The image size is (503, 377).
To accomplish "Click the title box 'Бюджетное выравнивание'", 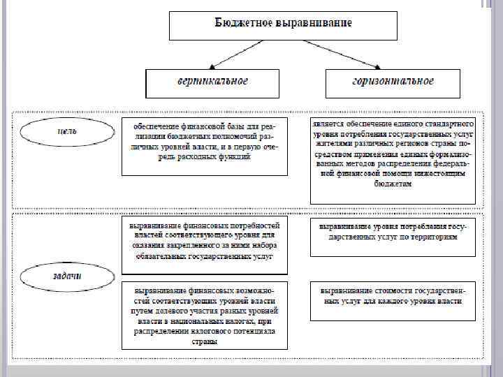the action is (283, 24).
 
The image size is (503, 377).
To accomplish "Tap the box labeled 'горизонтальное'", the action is (393, 82).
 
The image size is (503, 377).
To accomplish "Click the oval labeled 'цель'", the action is (66, 132).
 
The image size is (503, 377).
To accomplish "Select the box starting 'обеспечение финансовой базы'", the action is (204, 145).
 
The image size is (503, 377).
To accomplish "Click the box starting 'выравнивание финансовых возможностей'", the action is (204, 314).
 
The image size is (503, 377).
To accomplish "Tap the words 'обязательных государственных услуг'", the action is (204, 256).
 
